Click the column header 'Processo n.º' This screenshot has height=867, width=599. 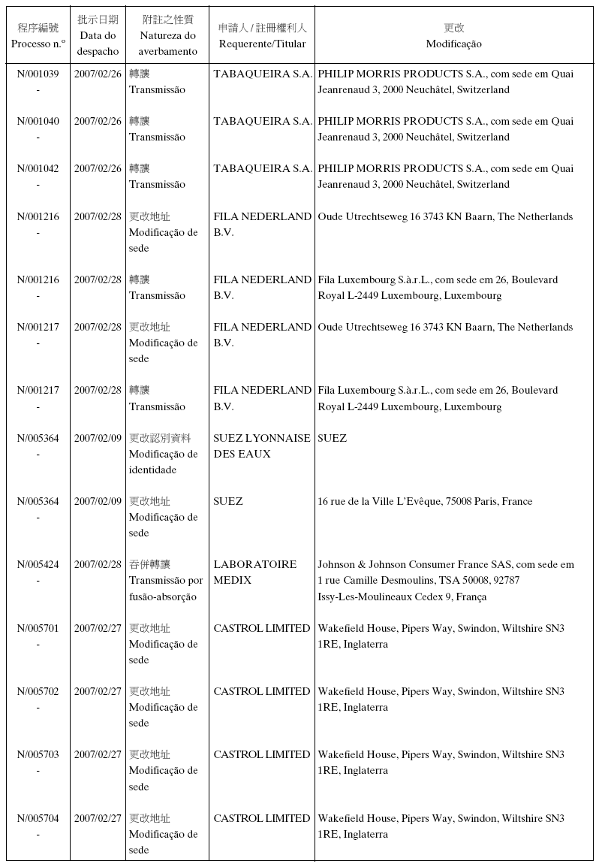pos(38,36)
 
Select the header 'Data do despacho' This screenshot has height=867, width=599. pos(98,36)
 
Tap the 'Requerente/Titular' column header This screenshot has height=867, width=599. pos(262,36)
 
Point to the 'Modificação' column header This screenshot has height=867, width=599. pos(453,36)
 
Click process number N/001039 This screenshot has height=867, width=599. pos(38,74)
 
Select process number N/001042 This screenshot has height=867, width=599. pos(38,168)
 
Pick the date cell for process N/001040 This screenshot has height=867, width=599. pos(98,121)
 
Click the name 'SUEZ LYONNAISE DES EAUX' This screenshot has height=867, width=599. pos(261,446)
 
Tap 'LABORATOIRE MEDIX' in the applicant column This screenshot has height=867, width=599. pos(254,572)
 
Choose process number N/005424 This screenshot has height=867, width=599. pos(38,564)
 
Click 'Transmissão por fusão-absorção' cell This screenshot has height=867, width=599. pos(166,580)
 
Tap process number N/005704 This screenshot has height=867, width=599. pos(38,818)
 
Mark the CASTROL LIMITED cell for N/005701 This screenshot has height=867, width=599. pos(261,628)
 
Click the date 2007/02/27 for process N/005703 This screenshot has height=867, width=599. pos(98,754)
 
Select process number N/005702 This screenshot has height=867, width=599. pos(38,691)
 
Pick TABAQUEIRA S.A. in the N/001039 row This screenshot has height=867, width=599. pos(263,74)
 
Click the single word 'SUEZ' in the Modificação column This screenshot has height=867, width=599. pos(332,438)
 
